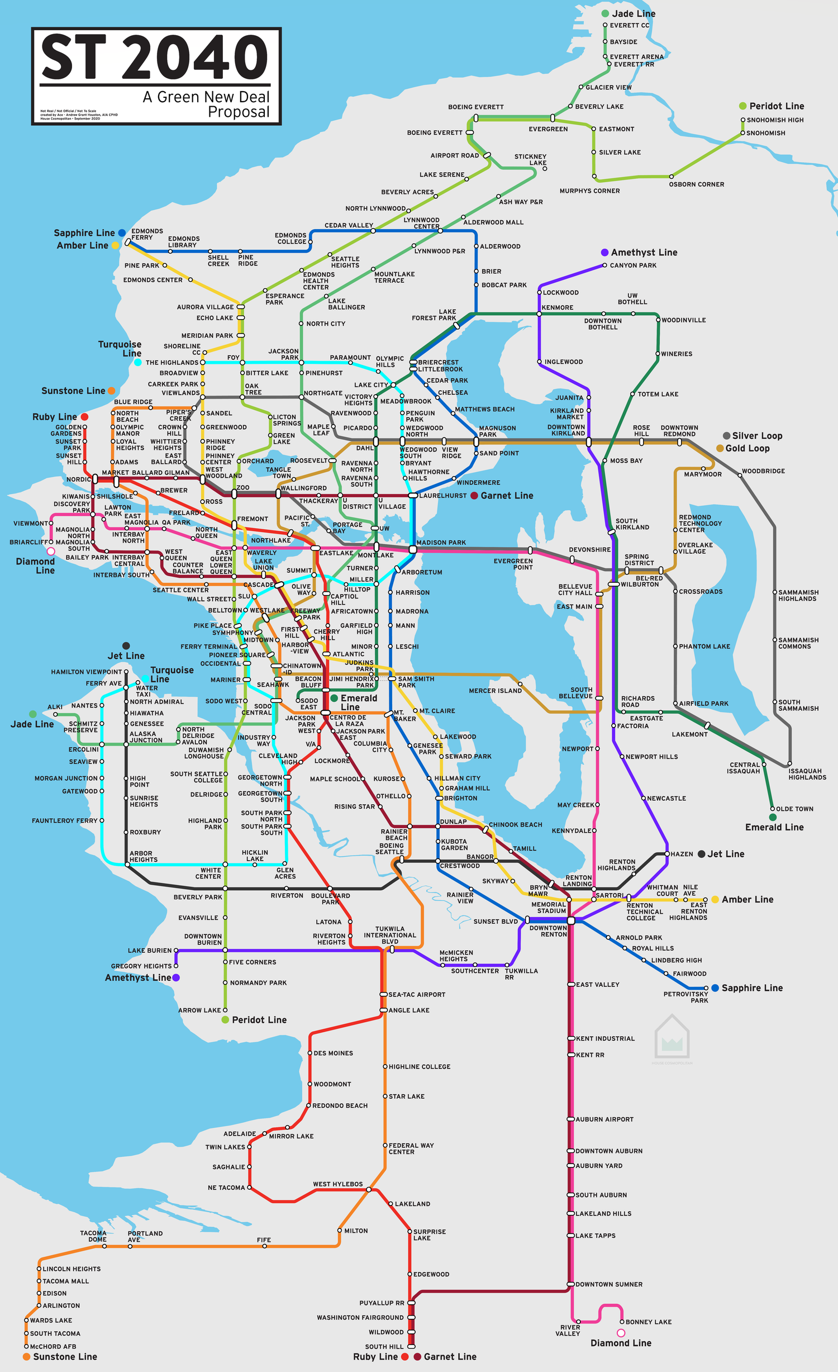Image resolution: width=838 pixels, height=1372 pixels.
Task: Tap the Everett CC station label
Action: (629, 25)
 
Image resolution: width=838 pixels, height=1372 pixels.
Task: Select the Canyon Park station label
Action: (633, 265)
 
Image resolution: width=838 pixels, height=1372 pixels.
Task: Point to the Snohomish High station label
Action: (775, 120)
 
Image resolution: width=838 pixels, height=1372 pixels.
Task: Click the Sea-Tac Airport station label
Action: (417, 995)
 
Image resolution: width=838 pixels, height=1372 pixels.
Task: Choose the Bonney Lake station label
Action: (648, 1322)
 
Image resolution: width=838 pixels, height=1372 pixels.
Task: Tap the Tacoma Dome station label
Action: (93, 1236)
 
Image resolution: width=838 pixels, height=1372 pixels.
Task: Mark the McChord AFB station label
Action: (53, 1346)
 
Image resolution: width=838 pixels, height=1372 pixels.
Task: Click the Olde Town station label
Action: (794, 809)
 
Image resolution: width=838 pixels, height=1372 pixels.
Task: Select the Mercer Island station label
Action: (495, 691)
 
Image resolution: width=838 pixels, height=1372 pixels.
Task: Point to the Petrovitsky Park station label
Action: (685, 997)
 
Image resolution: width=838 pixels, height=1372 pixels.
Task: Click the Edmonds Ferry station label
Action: (147, 234)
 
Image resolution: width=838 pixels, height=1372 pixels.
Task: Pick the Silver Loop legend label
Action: (757, 436)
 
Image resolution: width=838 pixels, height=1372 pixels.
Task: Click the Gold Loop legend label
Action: (747, 448)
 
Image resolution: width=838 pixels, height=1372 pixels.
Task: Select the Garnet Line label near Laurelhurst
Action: (507, 496)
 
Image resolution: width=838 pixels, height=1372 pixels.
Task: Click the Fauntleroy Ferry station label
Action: (64, 820)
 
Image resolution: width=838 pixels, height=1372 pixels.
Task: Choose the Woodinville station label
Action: (683, 320)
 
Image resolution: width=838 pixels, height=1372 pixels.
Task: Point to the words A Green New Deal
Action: (206, 97)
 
